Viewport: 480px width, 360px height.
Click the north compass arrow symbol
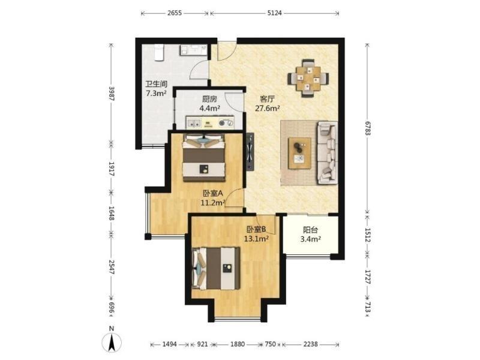pos(112,342)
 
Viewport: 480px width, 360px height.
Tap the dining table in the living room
pos(308,79)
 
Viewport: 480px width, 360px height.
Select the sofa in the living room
pos(327,152)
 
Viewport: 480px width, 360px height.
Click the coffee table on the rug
pos(299,153)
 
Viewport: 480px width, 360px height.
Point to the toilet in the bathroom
pos(159,52)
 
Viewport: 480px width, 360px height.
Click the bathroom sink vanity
pos(193,50)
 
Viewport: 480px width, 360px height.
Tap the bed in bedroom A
pos(204,158)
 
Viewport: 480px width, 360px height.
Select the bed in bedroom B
pos(216,268)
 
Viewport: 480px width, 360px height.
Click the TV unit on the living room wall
pos(250,151)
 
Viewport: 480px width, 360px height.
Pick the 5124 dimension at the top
pos(274,13)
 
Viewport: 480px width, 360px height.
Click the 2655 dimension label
pos(175,13)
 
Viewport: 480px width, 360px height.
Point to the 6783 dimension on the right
pos(368,128)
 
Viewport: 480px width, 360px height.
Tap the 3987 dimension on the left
pos(112,94)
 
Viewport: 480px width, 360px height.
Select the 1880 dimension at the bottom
pos(237,344)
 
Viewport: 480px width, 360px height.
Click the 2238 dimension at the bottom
pos(310,344)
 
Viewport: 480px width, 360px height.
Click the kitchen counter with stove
pos(210,122)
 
